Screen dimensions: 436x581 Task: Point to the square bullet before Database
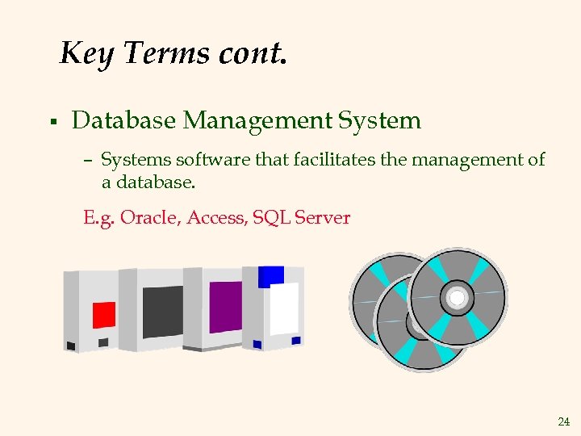point(52,122)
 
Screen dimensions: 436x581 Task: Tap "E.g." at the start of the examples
point(99,218)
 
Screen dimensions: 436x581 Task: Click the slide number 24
point(563,421)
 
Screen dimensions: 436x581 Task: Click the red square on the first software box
point(104,314)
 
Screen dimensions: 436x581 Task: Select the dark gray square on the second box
point(162,311)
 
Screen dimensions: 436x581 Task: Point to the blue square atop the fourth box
point(271,276)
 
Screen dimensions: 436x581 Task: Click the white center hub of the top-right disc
point(458,296)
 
